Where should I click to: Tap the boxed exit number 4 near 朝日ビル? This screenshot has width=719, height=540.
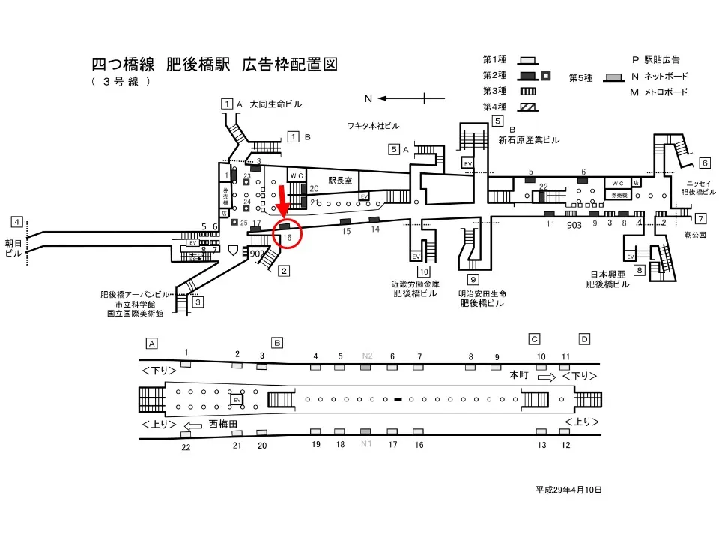16,222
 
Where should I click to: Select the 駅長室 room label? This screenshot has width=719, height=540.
339,181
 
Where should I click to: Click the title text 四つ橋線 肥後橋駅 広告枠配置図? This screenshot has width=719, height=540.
214,64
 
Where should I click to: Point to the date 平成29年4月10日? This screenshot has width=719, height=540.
568,490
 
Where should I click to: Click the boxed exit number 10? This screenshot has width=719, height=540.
424,271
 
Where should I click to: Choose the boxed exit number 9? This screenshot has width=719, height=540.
473,280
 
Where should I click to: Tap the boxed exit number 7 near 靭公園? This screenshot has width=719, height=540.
700,219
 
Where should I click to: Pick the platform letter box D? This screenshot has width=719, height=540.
584,339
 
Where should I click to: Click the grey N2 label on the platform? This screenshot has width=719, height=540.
367,355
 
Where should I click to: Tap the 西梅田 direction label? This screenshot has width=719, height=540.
223,424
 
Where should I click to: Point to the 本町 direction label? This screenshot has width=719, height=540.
519,374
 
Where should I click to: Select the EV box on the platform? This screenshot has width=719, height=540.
237,400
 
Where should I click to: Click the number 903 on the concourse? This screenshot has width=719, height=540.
574,224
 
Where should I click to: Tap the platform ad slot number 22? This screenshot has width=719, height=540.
186,447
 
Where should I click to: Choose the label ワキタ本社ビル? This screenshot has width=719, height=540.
373,124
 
